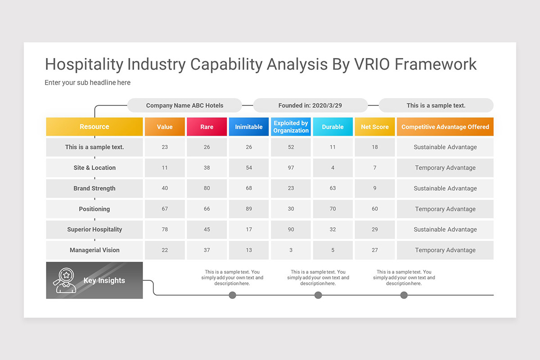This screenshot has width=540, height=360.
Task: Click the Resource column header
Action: [x=94, y=127]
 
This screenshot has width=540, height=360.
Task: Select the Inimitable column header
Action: [x=248, y=127]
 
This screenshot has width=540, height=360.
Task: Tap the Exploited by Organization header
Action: [x=291, y=127]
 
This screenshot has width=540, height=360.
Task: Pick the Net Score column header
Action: [x=374, y=127]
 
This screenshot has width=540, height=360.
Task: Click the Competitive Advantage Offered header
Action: [x=445, y=127]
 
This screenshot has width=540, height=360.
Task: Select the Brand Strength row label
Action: [x=94, y=189]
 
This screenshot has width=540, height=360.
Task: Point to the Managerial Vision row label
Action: [x=94, y=250]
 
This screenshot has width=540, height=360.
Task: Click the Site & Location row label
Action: [x=94, y=168]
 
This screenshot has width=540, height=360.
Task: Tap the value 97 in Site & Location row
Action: [x=291, y=168]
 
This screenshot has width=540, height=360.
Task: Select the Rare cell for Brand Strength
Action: [x=207, y=189]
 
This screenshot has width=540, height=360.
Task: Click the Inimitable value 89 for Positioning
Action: [x=248, y=209]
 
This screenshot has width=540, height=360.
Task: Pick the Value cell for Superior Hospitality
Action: [x=165, y=229]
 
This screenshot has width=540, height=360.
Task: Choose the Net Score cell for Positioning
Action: [x=374, y=209]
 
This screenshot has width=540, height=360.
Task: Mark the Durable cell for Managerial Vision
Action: [x=333, y=250]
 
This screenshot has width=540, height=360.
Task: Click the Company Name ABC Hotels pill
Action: [x=184, y=106]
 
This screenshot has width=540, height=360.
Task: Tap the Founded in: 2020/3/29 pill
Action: [x=310, y=106]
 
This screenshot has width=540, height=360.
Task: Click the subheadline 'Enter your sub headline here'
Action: [x=87, y=83]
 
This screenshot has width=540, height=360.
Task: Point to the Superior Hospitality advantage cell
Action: [x=445, y=229]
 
